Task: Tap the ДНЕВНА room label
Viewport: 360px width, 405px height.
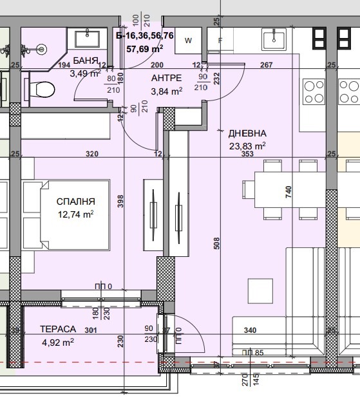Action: (247, 134)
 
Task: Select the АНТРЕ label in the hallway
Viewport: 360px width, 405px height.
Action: (166, 77)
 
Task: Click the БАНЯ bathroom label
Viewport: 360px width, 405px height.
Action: (85, 61)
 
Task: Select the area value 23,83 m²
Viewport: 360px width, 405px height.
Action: (247, 146)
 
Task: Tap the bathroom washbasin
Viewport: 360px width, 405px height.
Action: (86, 38)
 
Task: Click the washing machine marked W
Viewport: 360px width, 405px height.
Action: (189, 40)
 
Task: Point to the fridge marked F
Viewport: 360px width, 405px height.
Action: (220, 40)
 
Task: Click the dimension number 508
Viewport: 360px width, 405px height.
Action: (216, 243)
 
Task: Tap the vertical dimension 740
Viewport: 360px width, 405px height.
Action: (289, 191)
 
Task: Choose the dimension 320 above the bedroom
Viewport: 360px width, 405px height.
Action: (92, 154)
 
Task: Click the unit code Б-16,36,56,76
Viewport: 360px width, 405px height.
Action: (145, 36)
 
